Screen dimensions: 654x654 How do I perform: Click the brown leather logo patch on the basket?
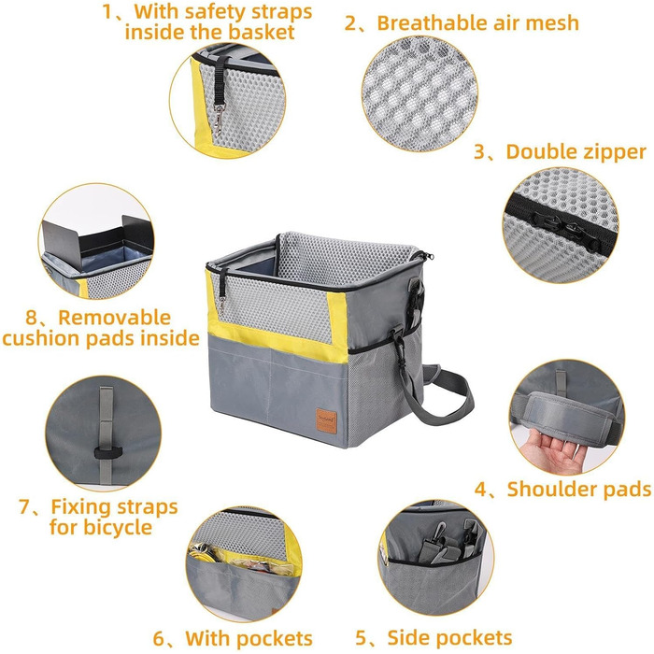tap(327, 420)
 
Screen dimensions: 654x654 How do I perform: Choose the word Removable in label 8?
tap(115, 318)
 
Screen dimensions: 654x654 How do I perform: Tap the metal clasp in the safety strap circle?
tap(219, 121)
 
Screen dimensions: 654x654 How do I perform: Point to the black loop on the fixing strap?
tap(108, 452)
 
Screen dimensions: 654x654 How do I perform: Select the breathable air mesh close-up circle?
tap(419, 94)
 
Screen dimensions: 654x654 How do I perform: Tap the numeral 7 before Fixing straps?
tap(24, 507)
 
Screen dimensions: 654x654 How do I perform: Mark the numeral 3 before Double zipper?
tap(480, 151)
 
